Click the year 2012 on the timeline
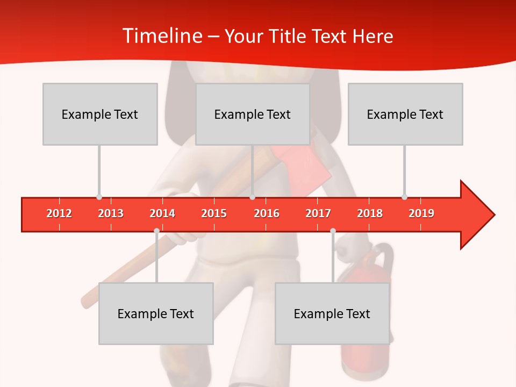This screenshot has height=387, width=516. pyautogui.click(x=59, y=213)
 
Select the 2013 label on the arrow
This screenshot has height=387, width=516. pyautogui.click(x=111, y=213)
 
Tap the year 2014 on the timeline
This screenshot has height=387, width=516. pyautogui.click(x=162, y=213)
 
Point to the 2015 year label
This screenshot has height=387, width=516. pyautogui.click(x=214, y=213)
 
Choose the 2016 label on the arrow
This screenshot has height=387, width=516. pyautogui.click(x=267, y=213)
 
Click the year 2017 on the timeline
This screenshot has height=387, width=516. pyautogui.click(x=318, y=213)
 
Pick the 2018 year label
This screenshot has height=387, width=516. pyautogui.click(x=370, y=213)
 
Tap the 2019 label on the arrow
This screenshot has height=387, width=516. pyautogui.click(x=421, y=213)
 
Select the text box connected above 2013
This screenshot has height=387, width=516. pyautogui.click(x=100, y=114)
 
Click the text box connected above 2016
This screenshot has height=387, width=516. pyautogui.click(x=253, y=114)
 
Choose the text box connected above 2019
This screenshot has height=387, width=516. pyautogui.click(x=405, y=114)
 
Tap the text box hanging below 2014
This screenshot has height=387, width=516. pyautogui.click(x=156, y=313)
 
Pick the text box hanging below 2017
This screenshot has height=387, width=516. pyautogui.click(x=332, y=313)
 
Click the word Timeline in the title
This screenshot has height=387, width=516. pyautogui.click(x=161, y=36)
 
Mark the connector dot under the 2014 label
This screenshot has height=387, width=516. pyautogui.click(x=156, y=231)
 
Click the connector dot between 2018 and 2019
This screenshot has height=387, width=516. pyautogui.click(x=404, y=197)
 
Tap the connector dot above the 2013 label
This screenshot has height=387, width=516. pyautogui.click(x=99, y=197)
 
